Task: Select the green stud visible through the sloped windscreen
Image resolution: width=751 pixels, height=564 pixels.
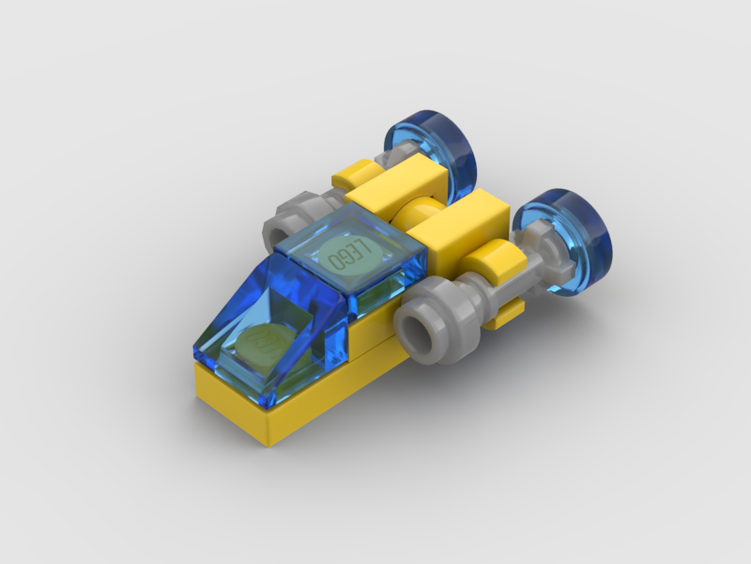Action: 263,344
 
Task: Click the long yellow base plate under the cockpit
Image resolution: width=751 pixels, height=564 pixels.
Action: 282,404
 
